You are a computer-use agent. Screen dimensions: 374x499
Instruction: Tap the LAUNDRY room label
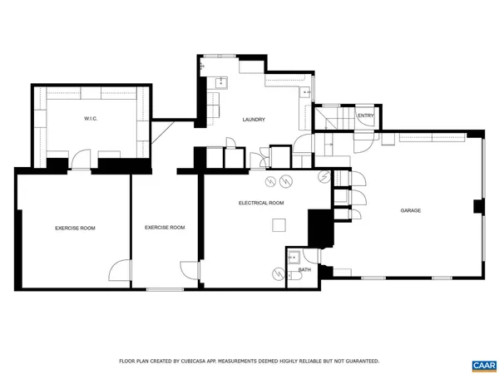click(254, 120)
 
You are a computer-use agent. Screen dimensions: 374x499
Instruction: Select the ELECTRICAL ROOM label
click(261, 203)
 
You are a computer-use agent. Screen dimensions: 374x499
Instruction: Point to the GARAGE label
click(409, 210)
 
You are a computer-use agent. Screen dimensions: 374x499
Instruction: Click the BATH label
click(305, 269)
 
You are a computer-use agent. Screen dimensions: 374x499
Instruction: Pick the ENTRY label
click(365, 116)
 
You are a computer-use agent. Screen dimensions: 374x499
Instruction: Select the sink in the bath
click(293, 258)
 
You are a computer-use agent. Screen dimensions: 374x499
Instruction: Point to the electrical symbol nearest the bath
click(277, 273)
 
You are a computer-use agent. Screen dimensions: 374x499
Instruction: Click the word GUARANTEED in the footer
click(359, 361)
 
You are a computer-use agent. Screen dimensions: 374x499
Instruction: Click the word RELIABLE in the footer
click(297, 361)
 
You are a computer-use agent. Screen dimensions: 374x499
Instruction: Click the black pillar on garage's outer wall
click(477, 206)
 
